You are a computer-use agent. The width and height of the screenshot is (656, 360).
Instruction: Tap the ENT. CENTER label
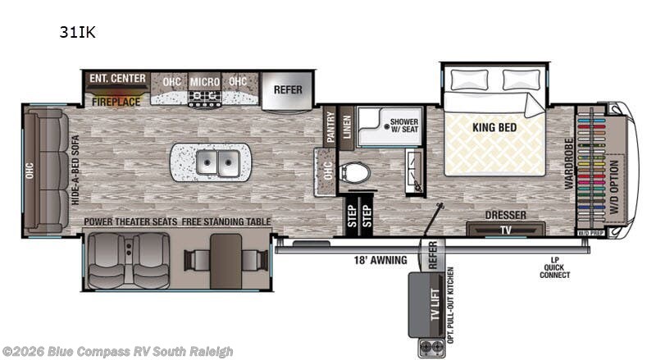(x=118, y=79)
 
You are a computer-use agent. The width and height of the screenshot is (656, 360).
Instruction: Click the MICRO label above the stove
(x=204, y=82)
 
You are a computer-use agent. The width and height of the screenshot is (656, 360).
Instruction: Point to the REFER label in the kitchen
(x=288, y=90)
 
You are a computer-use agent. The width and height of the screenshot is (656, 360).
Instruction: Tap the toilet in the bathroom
(x=355, y=173)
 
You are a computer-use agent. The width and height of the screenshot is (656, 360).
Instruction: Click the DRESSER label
(x=506, y=215)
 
